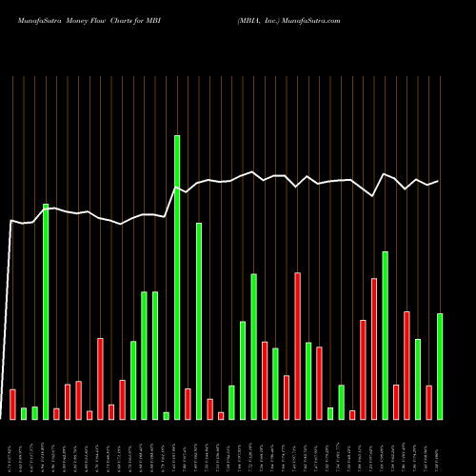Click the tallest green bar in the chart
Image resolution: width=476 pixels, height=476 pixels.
(x=177, y=277)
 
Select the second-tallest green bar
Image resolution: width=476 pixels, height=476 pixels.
(x=46, y=311)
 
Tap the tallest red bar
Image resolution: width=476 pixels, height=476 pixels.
(x=297, y=346)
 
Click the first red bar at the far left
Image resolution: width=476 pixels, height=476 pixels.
(x=12, y=404)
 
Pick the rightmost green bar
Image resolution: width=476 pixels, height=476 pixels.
(x=440, y=366)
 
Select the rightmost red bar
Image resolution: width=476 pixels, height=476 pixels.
(x=428, y=402)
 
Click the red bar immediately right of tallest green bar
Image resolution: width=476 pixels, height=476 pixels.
(x=188, y=404)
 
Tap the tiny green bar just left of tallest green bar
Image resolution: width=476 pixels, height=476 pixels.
(x=166, y=415)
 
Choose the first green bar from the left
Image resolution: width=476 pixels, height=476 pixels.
(x=24, y=413)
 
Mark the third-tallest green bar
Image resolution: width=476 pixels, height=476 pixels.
(x=199, y=321)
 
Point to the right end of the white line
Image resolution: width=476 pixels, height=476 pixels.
(x=438, y=181)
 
